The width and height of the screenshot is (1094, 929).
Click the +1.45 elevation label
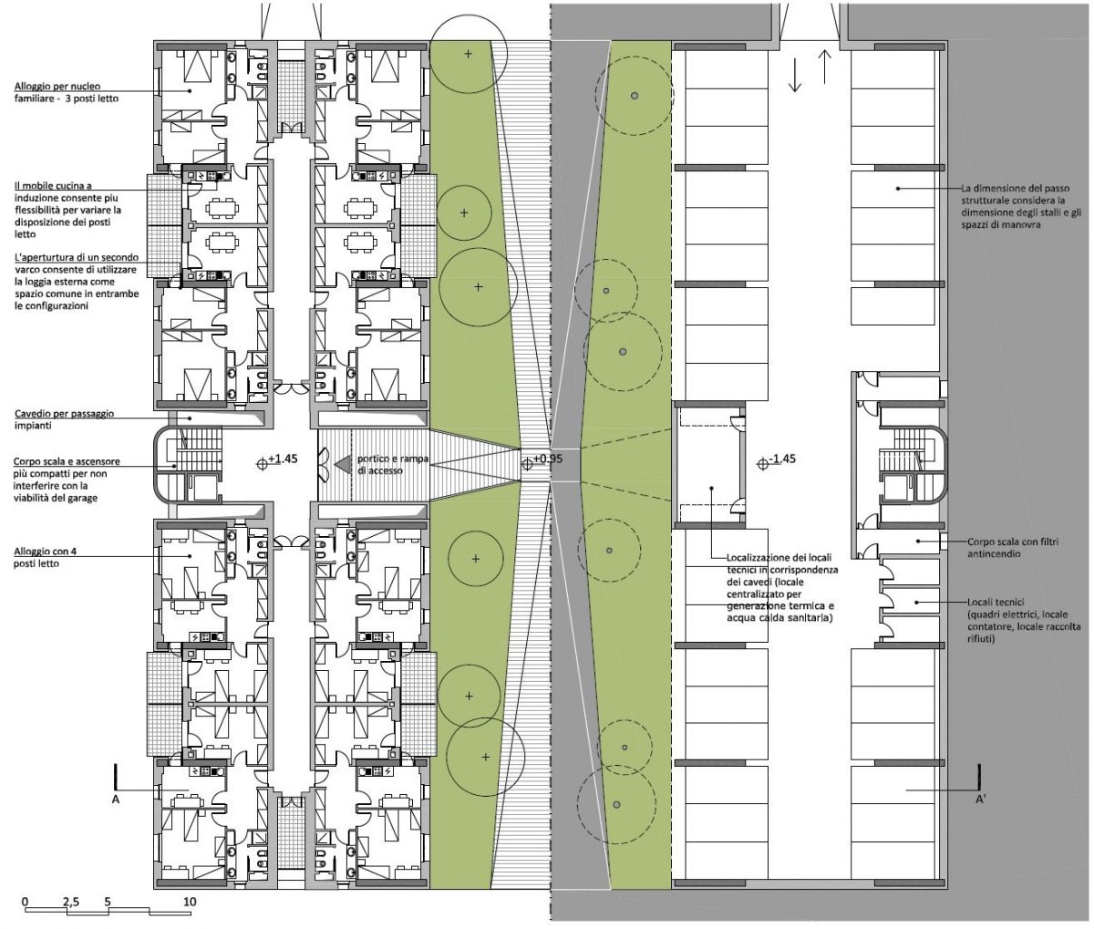283,459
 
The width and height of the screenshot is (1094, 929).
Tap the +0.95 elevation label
547,459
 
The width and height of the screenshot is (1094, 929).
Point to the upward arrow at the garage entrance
825,67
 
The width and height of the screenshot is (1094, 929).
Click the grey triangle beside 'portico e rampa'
343,464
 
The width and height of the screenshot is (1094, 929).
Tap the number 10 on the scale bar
190,902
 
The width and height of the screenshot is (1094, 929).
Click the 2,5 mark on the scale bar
71,902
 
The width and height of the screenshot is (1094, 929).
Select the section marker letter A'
980,800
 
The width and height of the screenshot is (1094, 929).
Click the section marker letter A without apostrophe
116,800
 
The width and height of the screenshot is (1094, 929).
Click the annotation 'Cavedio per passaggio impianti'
64,419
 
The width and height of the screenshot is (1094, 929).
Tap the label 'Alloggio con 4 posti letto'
45,557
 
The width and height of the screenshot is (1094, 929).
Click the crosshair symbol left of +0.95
527,464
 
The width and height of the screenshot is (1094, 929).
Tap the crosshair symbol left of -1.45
763,464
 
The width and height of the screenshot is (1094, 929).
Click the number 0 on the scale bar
26,902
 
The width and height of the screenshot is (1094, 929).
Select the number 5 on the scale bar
108,902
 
